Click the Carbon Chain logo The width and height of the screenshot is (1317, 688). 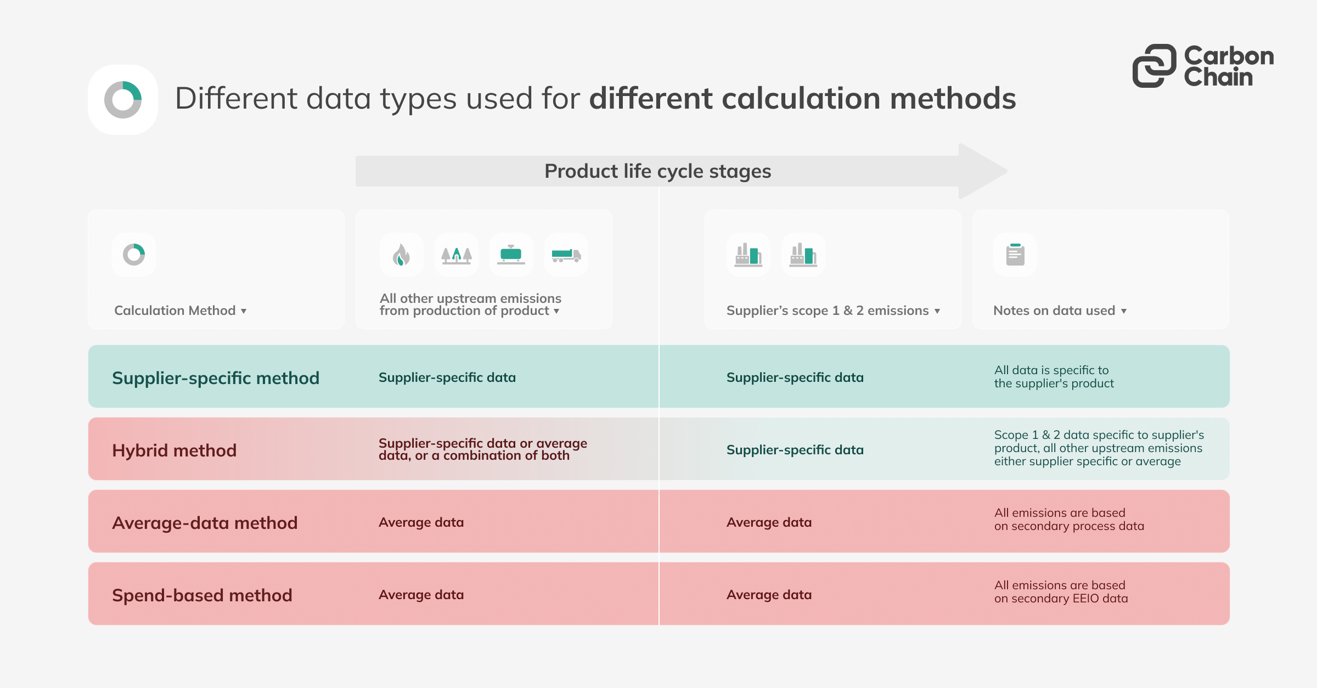click(1203, 66)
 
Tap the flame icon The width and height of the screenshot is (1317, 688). click(401, 255)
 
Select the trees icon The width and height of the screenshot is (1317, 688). click(456, 255)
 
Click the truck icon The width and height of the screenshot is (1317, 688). click(566, 255)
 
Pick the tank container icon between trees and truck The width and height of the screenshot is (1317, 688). click(511, 255)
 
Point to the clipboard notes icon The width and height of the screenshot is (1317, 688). click(1015, 255)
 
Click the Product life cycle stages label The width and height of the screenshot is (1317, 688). click(657, 171)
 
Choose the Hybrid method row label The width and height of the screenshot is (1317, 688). click(174, 450)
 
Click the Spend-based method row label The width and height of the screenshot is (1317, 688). click(202, 595)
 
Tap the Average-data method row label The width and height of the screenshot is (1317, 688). click(205, 523)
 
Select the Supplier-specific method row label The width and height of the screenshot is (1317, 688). click(215, 378)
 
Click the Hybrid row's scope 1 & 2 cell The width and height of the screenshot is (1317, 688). click(795, 450)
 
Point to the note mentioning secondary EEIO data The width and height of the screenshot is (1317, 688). click(1061, 592)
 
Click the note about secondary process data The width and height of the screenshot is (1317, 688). click(1069, 520)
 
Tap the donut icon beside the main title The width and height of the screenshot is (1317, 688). click(123, 100)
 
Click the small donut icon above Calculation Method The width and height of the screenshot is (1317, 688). click(134, 255)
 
